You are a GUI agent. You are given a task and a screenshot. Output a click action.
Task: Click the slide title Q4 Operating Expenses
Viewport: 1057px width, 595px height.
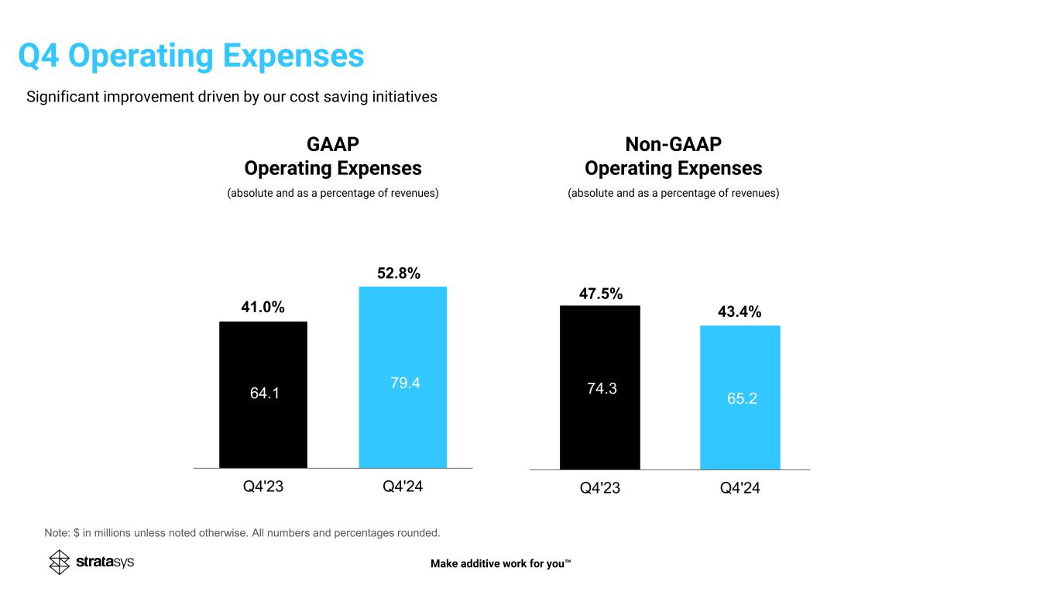(x=191, y=56)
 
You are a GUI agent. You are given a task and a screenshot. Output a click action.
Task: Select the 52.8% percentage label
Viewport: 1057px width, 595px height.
(x=398, y=273)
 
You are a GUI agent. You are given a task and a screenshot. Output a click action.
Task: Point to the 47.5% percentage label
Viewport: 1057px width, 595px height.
(x=601, y=294)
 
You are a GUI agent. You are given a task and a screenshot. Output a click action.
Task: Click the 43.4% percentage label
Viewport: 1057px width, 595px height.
(x=739, y=312)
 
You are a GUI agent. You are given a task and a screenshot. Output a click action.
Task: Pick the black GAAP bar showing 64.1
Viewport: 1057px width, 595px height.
(x=263, y=395)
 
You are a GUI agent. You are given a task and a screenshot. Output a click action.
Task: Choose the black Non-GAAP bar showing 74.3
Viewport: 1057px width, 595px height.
(x=600, y=387)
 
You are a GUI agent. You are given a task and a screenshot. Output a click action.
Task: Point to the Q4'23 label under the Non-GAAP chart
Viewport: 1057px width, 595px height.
(x=602, y=489)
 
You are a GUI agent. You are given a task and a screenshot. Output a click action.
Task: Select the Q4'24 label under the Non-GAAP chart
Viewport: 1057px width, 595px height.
(x=740, y=489)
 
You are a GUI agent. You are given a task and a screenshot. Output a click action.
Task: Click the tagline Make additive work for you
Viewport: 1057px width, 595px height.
(x=500, y=563)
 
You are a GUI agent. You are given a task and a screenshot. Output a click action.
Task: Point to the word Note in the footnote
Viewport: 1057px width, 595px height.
(x=57, y=533)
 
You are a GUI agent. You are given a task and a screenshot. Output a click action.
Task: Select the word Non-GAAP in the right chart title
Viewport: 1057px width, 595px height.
(x=673, y=145)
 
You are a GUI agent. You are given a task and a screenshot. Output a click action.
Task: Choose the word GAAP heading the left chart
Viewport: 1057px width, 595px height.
(x=333, y=145)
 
